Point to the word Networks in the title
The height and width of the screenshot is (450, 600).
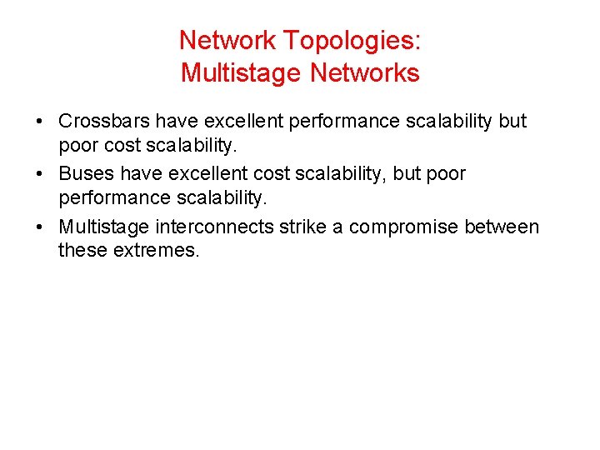pyautogui.click(x=365, y=73)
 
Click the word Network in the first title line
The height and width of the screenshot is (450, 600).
pyautogui.click(x=227, y=40)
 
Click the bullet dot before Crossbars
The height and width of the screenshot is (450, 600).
pyautogui.click(x=40, y=122)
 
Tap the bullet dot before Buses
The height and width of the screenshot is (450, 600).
pyautogui.click(x=40, y=175)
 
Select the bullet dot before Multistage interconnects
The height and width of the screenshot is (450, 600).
pyautogui.click(x=40, y=228)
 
